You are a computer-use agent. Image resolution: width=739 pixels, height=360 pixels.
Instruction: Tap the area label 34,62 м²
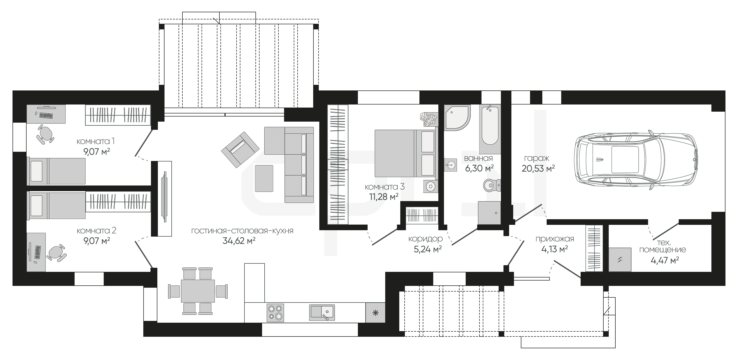click(239, 241)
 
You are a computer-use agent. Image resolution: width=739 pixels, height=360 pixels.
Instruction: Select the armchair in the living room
click(240, 150)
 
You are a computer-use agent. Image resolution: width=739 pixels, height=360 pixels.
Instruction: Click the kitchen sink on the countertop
click(322, 312)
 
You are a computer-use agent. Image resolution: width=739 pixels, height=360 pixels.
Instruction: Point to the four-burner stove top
click(275, 313)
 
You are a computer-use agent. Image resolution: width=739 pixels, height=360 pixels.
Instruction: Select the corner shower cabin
click(457, 118)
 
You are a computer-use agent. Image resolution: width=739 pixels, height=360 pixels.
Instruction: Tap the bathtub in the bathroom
click(490, 129)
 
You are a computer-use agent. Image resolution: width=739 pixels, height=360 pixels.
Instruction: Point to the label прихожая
click(555, 239)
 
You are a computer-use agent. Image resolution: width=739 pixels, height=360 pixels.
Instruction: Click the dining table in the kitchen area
click(198, 291)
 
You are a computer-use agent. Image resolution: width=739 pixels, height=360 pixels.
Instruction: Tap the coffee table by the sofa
click(264, 178)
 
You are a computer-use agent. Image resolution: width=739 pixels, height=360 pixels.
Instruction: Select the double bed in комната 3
click(405, 153)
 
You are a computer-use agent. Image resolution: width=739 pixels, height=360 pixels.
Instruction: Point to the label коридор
click(425, 239)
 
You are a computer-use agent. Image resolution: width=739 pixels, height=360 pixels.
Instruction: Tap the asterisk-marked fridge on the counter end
click(375, 313)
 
